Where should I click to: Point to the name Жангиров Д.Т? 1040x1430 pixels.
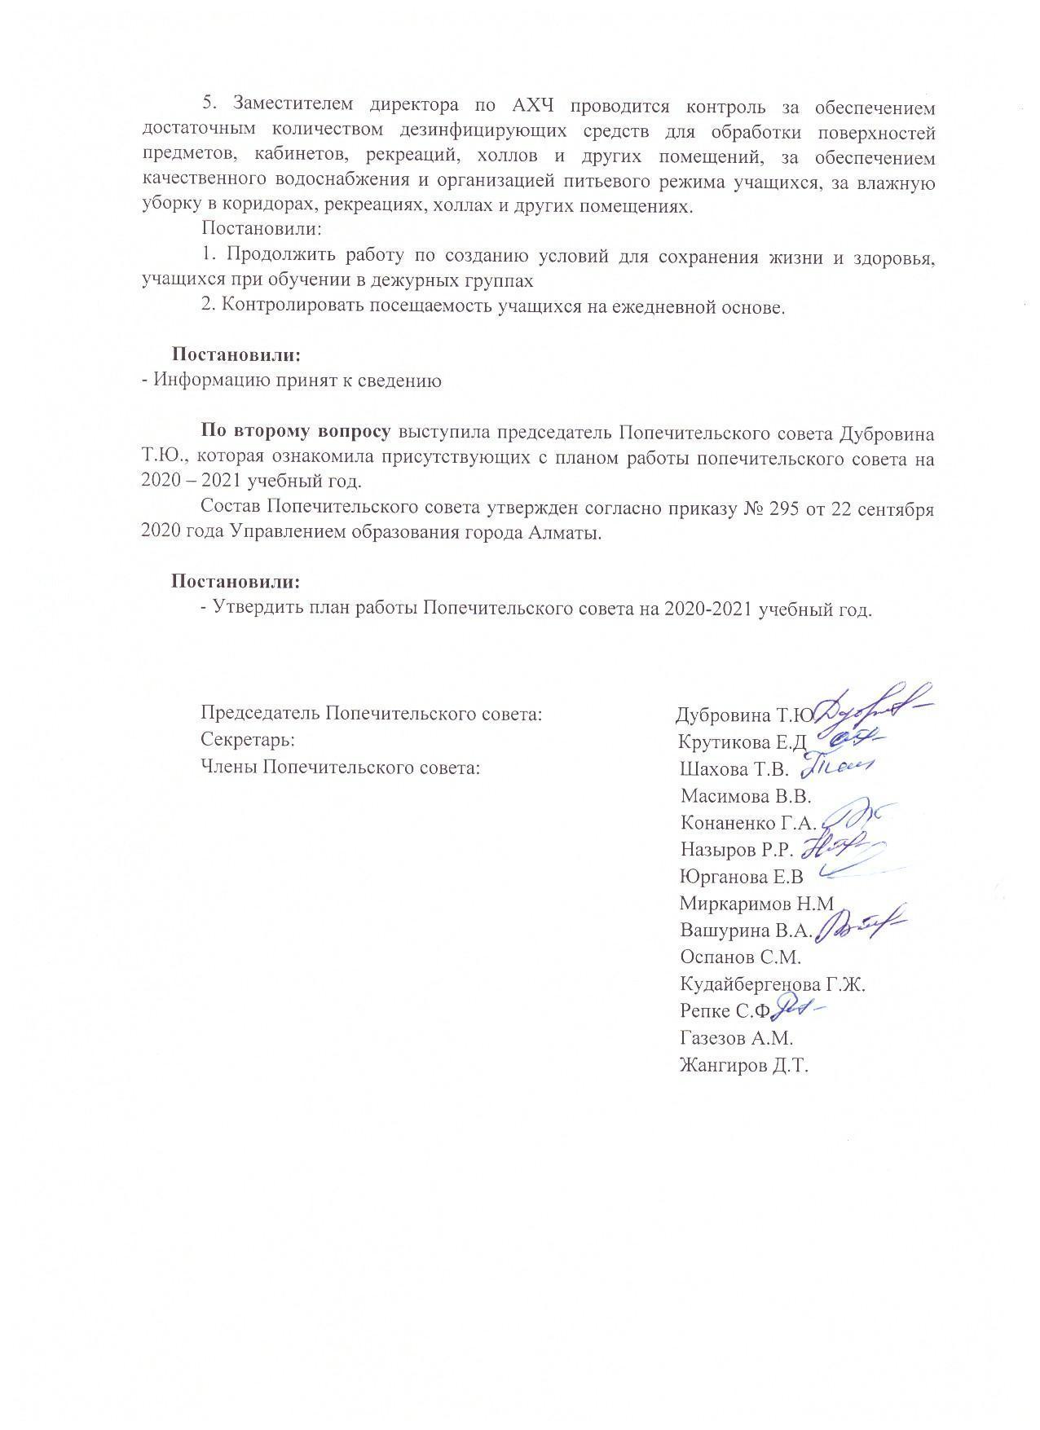(743, 1066)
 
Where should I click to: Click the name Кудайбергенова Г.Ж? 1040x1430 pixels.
(772, 984)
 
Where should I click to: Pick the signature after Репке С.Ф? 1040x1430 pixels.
(799, 1009)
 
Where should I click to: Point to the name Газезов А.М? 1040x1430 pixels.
(736, 1039)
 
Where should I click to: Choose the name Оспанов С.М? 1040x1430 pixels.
(740, 957)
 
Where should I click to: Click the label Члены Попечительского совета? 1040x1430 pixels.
(338, 768)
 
